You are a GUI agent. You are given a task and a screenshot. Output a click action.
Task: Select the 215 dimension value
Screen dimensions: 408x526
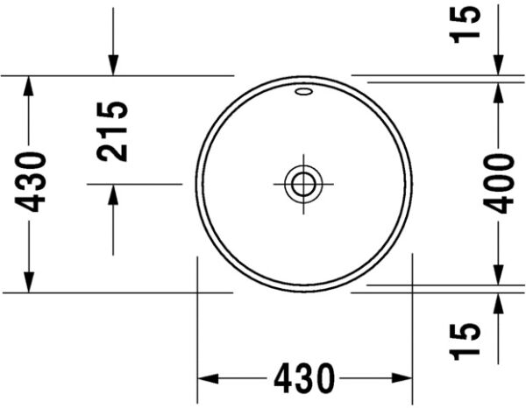coord(113,131)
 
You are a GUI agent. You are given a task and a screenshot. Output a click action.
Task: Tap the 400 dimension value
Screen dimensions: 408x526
coord(501,182)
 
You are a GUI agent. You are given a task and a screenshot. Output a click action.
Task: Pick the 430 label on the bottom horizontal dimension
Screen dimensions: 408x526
coord(304,379)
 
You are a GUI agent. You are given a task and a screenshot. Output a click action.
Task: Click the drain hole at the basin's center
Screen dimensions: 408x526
coord(303,184)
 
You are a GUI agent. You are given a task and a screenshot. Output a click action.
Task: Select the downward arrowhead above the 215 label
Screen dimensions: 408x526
coord(113,66)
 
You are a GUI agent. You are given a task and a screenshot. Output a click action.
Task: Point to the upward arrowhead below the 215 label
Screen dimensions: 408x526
coord(113,195)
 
